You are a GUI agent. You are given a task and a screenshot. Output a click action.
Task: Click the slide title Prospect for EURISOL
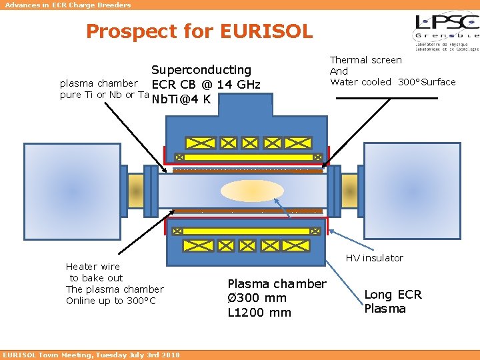(199, 31)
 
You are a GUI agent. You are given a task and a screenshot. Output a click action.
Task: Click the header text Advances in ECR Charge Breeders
(68, 5)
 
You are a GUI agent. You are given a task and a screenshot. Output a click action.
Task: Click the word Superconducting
(201, 70)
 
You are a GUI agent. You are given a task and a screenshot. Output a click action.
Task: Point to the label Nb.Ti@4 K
(181, 100)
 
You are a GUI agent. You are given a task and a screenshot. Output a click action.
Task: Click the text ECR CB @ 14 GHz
(205, 85)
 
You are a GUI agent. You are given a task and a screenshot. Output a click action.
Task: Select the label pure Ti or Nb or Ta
(104, 95)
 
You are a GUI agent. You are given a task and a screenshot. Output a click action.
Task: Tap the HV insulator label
(374, 258)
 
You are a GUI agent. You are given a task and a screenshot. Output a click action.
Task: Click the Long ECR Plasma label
(393, 301)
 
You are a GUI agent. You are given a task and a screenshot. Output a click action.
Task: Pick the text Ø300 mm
(257, 298)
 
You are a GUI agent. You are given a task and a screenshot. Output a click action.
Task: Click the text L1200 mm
(259, 312)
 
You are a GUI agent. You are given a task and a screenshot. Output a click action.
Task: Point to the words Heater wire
(93, 267)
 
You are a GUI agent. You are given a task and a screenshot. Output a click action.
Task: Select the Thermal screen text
(366, 60)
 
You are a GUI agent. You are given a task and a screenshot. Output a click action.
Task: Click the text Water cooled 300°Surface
(393, 82)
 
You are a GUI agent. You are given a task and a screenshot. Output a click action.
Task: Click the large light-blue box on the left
(63, 191)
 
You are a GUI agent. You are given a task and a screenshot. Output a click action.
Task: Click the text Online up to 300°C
(111, 301)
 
